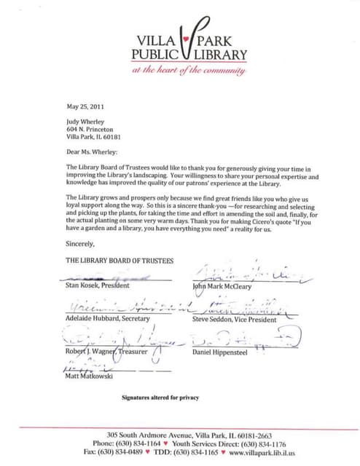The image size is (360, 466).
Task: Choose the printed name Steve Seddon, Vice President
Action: (233, 319)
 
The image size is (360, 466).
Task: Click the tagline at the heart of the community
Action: (189, 70)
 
